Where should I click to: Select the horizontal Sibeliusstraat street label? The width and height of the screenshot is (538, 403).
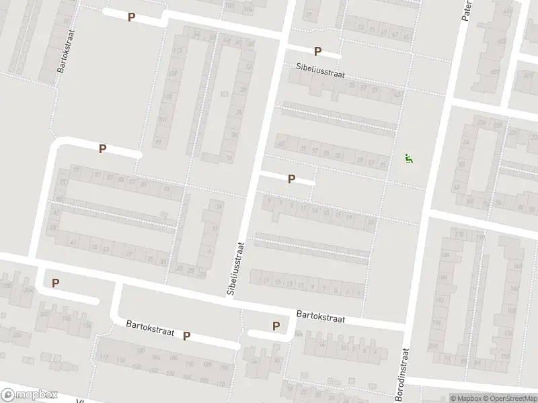click(320, 71)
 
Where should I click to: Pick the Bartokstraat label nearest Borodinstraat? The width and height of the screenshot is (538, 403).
click(320, 316)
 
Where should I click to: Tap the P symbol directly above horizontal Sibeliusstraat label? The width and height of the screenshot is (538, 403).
click(317, 51)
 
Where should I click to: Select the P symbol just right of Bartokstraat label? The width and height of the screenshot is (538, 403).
click(187, 335)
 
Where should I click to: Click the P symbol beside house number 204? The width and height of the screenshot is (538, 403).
click(55, 283)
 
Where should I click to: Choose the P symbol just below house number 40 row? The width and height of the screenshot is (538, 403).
click(291, 179)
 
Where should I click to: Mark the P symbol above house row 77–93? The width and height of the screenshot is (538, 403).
click(102, 148)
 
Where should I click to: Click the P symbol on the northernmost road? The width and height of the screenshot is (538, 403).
click(131, 17)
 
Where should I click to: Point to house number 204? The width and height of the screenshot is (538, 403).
click(28, 289)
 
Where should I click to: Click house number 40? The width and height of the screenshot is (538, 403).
click(281, 144)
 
